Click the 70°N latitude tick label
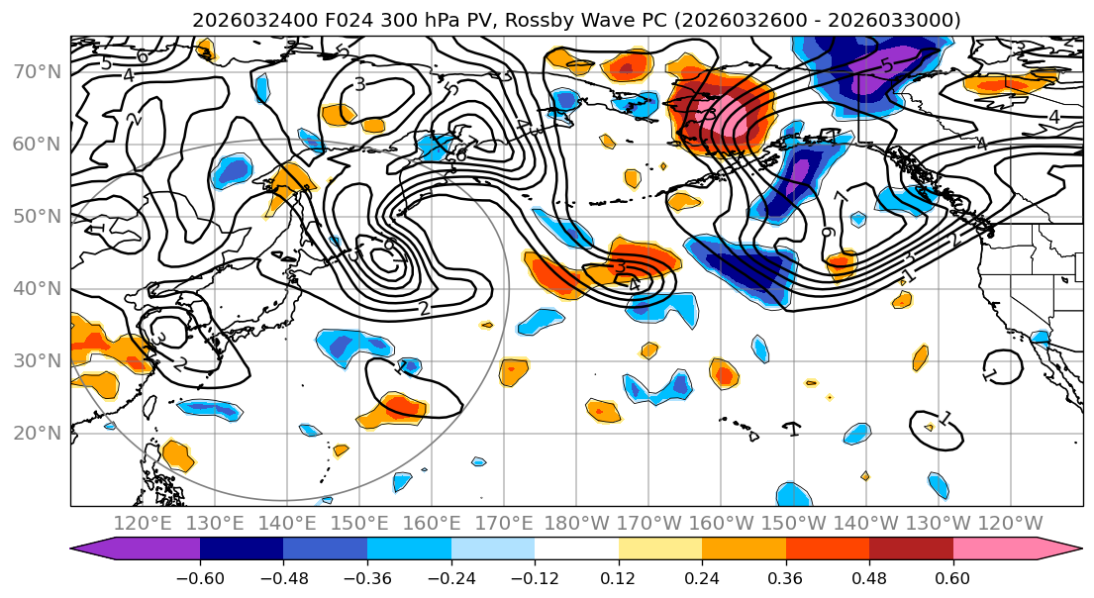(36, 71)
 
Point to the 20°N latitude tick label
(36, 433)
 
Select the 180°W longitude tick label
(576, 523)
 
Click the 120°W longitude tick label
(1010, 523)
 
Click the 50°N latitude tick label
(36, 216)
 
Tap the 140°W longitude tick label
(865, 523)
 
